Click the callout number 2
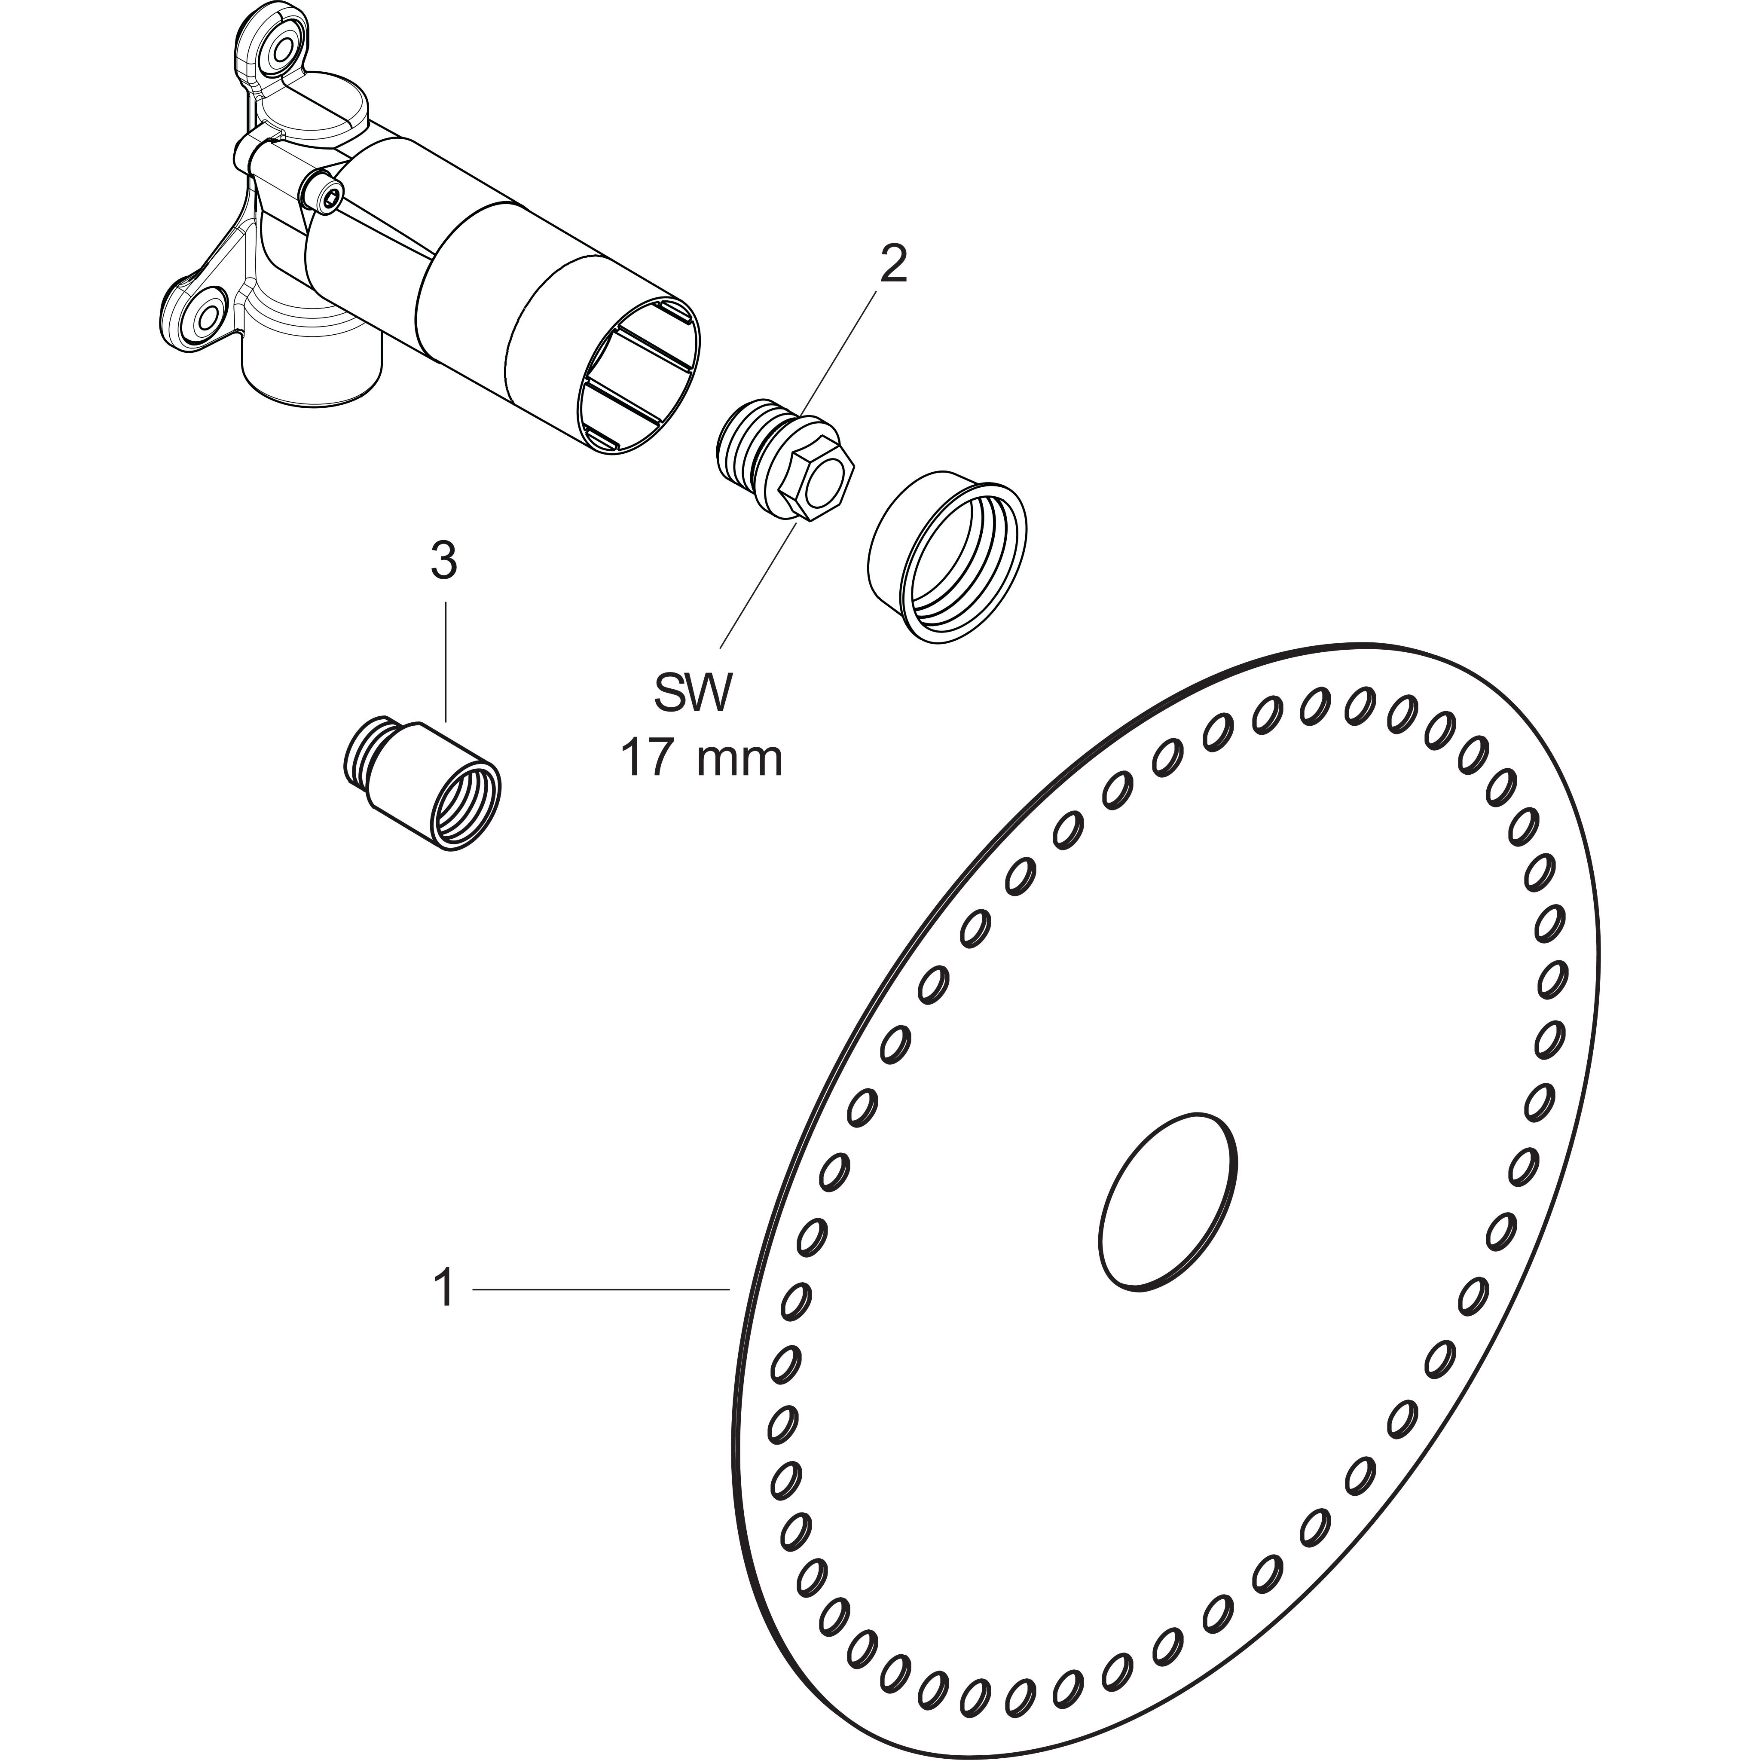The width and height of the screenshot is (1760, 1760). click(x=893, y=264)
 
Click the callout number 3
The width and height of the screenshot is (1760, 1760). click(x=443, y=562)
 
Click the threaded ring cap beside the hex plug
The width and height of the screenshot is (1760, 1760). click(x=947, y=557)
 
